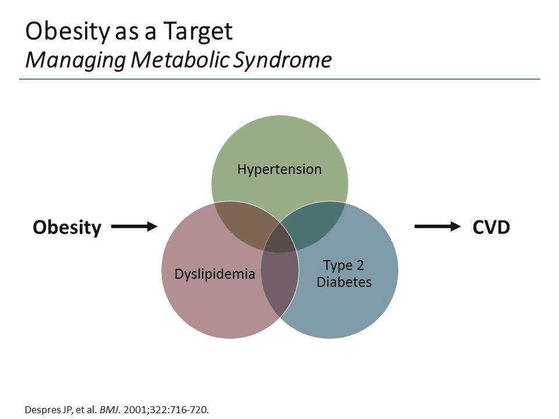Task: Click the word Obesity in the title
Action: coord(65,31)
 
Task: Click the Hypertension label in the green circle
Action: coord(279,169)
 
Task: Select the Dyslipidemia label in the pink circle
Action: coord(215,274)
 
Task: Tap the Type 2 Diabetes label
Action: coord(344,274)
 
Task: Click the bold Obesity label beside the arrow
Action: coord(67,227)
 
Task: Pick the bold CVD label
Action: coord(491,227)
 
